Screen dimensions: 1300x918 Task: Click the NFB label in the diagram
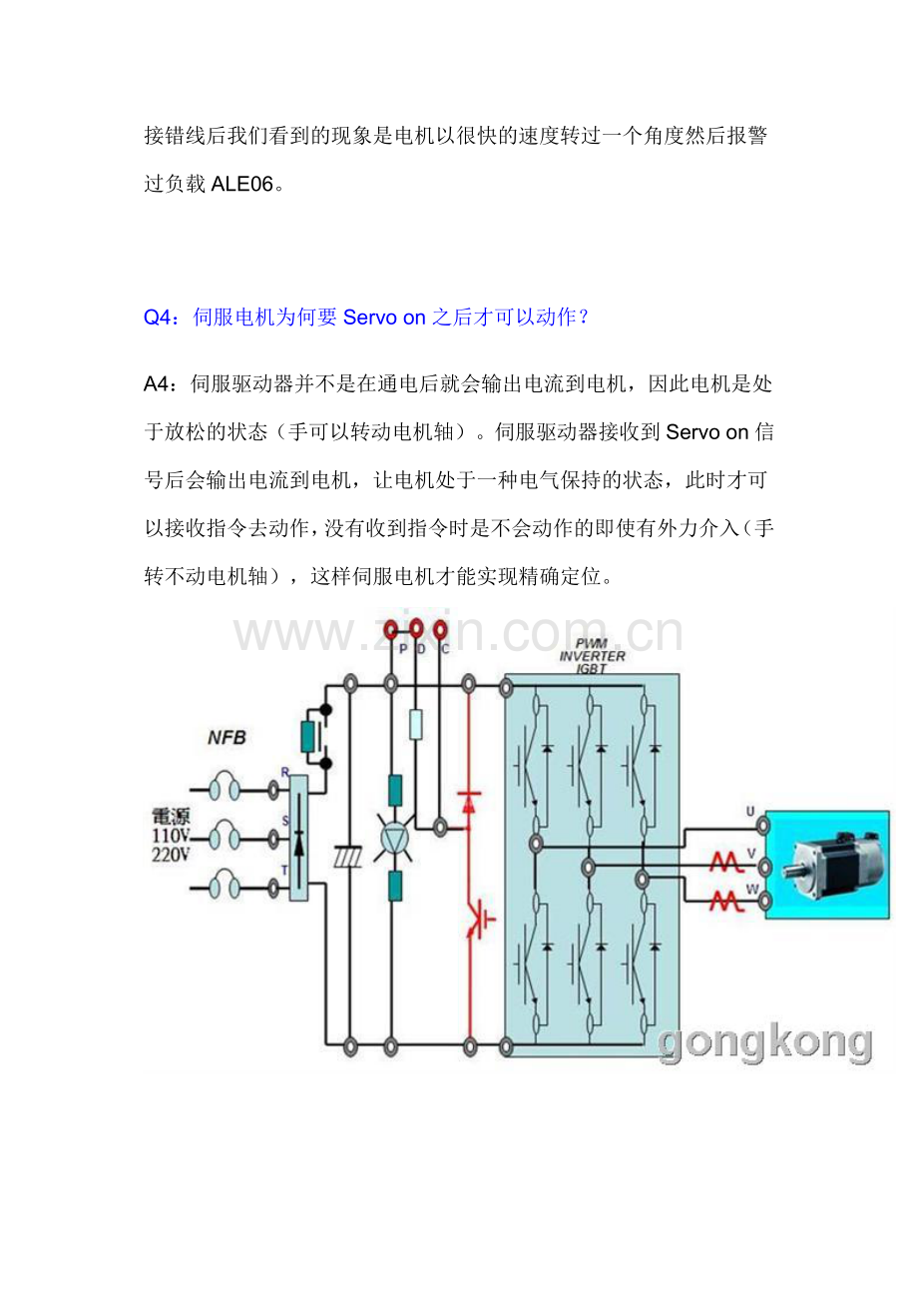click(x=227, y=739)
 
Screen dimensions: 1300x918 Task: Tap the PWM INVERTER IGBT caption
click(x=592, y=656)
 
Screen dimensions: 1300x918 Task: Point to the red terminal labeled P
click(x=391, y=629)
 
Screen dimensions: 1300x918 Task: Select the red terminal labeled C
click(x=441, y=629)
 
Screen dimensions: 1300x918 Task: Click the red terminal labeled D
click(x=416, y=629)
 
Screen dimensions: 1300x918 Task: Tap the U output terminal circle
click(x=764, y=826)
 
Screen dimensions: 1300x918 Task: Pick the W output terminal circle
click(x=764, y=902)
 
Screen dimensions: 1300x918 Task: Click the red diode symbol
click(x=469, y=800)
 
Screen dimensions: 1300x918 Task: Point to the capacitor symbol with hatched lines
click(x=350, y=857)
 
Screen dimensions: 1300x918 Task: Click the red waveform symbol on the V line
click(x=722, y=864)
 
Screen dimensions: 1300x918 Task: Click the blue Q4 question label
click(x=158, y=318)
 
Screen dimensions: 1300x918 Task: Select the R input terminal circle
click(x=273, y=790)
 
